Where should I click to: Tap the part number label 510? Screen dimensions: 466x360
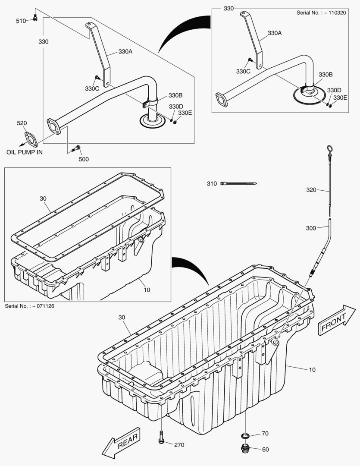click(21, 21)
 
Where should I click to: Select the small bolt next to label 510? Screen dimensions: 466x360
click(35, 18)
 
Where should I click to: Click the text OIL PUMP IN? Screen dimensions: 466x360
click(25, 152)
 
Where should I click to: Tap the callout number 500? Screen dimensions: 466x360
click(84, 159)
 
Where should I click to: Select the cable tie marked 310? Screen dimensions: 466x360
click(239, 184)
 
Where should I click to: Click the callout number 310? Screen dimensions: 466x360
click(212, 183)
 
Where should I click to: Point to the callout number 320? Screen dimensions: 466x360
click(311, 189)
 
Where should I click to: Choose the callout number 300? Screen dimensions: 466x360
click(311, 228)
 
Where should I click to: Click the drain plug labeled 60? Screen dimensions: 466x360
click(244, 449)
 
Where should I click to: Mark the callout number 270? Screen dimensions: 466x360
click(179, 444)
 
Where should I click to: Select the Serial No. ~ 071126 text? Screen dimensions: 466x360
click(29, 306)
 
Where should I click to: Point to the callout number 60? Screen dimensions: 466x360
click(265, 450)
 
